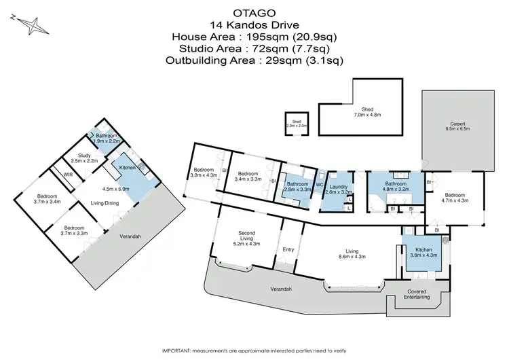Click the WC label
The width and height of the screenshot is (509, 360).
(x=320, y=184)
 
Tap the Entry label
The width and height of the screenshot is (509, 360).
(x=288, y=249)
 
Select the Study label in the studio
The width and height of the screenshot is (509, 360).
(x=85, y=158)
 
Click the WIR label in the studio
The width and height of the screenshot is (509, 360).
(x=68, y=175)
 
